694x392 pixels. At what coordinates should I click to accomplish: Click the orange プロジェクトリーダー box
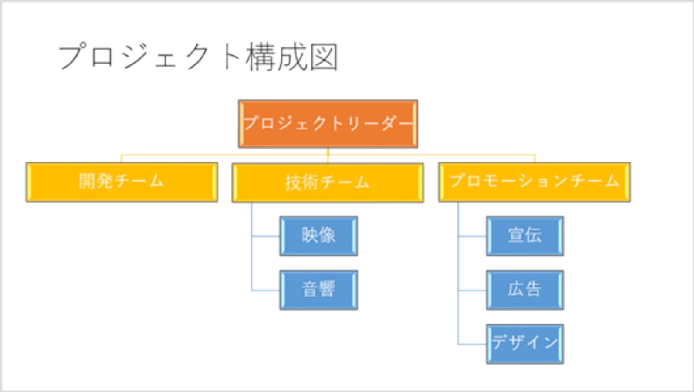[328, 124]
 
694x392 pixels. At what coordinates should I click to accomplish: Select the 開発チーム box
[122, 182]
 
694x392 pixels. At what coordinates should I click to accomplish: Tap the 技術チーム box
[327, 182]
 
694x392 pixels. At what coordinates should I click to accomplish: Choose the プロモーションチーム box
[534, 182]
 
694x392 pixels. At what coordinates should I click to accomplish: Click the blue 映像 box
[318, 236]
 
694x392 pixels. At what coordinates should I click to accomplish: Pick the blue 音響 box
[318, 290]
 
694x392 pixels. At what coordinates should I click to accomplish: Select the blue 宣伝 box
[525, 236]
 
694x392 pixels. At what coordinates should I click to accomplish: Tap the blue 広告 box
[525, 290]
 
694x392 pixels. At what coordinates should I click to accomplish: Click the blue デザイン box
[525, 344]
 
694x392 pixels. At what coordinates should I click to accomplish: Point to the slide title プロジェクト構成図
[198, 57]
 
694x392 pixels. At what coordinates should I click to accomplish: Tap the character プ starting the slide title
[72, 57]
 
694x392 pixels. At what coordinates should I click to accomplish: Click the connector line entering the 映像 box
[265, 237]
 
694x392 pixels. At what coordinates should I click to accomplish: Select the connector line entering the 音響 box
[265, 291]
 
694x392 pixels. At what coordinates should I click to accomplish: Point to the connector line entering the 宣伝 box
[472, 237]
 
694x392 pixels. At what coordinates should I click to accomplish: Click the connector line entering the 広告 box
[472, 291]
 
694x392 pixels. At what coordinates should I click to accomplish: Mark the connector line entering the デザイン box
[472, 344]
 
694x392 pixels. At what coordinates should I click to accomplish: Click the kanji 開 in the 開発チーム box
[87, 181]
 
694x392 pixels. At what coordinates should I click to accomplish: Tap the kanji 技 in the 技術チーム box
[293, 182]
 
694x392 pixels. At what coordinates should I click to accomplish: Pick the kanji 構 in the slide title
[261, 57]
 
